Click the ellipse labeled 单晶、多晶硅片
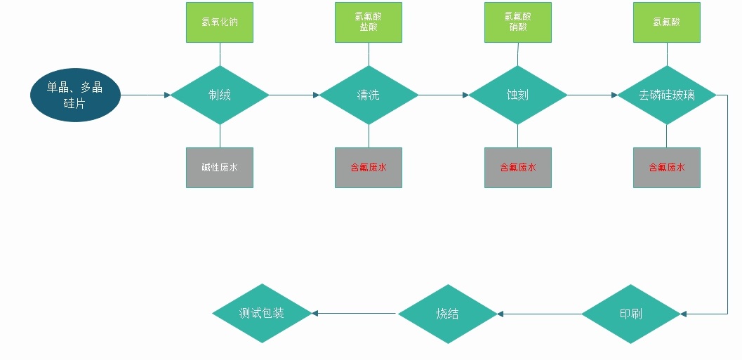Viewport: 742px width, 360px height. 75,95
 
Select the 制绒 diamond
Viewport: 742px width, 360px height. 220,95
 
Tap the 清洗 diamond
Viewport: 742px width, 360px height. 369,95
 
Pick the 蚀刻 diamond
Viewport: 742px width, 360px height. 517,95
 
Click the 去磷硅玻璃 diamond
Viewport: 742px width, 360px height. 666,95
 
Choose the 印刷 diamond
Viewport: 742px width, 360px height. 630,314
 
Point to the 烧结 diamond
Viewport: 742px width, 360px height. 447,314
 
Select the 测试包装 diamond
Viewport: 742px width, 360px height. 262,313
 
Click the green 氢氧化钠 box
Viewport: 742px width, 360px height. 220,22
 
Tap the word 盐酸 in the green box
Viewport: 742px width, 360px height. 369,28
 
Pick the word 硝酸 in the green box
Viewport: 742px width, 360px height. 518,28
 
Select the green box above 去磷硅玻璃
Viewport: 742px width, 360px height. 666,22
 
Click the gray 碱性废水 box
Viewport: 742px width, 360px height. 220,168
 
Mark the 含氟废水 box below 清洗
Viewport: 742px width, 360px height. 369,168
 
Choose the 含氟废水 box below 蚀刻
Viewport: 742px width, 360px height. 518,168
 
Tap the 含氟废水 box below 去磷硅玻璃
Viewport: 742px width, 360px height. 666,168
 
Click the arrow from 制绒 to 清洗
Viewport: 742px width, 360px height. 294,95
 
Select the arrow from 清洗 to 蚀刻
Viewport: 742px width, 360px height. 443,95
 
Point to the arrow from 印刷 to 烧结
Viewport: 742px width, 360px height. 539,314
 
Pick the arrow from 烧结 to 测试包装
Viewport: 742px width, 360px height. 355,314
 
